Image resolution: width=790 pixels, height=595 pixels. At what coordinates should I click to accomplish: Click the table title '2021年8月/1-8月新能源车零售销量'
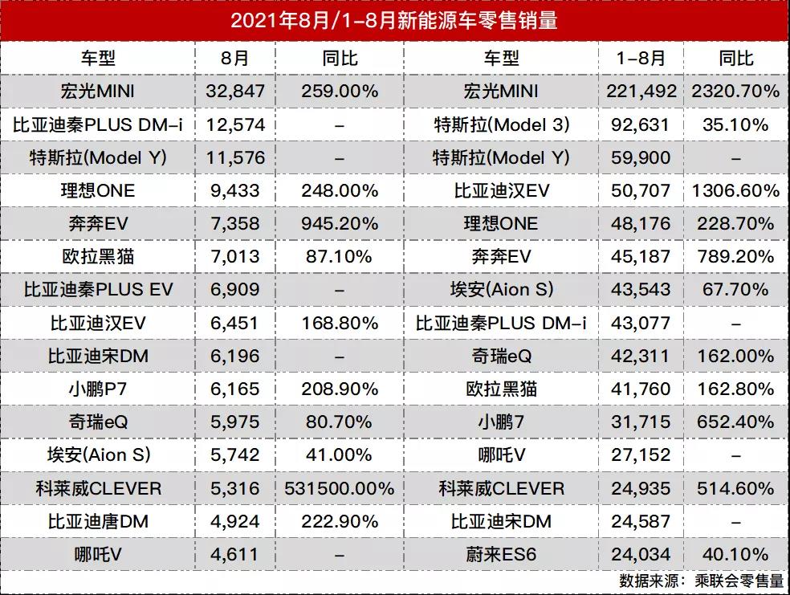(x=394, y=21)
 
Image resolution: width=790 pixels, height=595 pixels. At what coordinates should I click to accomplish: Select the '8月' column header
(x=235, y=59)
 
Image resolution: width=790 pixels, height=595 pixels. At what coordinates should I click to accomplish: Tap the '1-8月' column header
(x=641, y=59)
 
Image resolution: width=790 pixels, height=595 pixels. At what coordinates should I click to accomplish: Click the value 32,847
(x=235, y=92)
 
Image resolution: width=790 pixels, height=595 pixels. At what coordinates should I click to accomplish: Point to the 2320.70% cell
(x=735, y=92)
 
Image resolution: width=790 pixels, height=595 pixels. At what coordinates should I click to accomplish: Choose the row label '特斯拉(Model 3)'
(x=501, y=124)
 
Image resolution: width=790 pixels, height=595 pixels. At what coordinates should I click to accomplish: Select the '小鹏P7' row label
(x=97, y=389)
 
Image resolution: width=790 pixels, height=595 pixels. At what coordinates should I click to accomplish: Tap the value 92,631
(x=641, y=124)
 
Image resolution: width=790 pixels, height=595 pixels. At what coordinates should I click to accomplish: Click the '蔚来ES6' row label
(x=501, y=555)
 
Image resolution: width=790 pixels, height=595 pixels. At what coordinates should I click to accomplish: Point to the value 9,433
(x=235, y=191)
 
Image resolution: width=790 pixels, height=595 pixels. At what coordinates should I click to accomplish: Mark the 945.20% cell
(x=340, y=224)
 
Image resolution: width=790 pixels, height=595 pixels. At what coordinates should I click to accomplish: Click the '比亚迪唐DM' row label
(x=97, y=522)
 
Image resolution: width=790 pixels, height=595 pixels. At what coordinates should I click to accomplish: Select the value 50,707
(x=641, y=191)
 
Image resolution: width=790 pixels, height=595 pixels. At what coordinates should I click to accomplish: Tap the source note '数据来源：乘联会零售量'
(x=701, y=580)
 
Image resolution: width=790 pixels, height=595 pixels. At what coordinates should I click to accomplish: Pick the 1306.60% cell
(x=735, y=191)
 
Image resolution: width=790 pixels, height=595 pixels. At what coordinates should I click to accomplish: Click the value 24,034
(x=641, y=555)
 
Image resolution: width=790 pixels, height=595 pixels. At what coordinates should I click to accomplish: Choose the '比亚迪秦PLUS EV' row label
(x=97, y=290)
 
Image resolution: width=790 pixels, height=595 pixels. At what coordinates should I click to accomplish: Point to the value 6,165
(x=235, y=389)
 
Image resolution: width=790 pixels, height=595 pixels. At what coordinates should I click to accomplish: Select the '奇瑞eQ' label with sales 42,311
(x=501, y=356)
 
